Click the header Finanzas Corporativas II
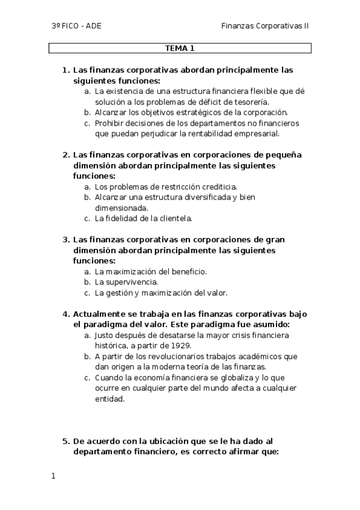pyautogui.click(x=264, y=26)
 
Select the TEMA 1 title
pyautogui.click(x=180, y=48)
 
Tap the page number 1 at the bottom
pyautogui.click(x=53, y=476)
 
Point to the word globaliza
pyautogui.click(x=220, y=377)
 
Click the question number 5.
pyautogui.click(x=66, y=440)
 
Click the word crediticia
pyautogui.click(x=214, y=186)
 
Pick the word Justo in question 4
pyautogui.click(x=105, y=335)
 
